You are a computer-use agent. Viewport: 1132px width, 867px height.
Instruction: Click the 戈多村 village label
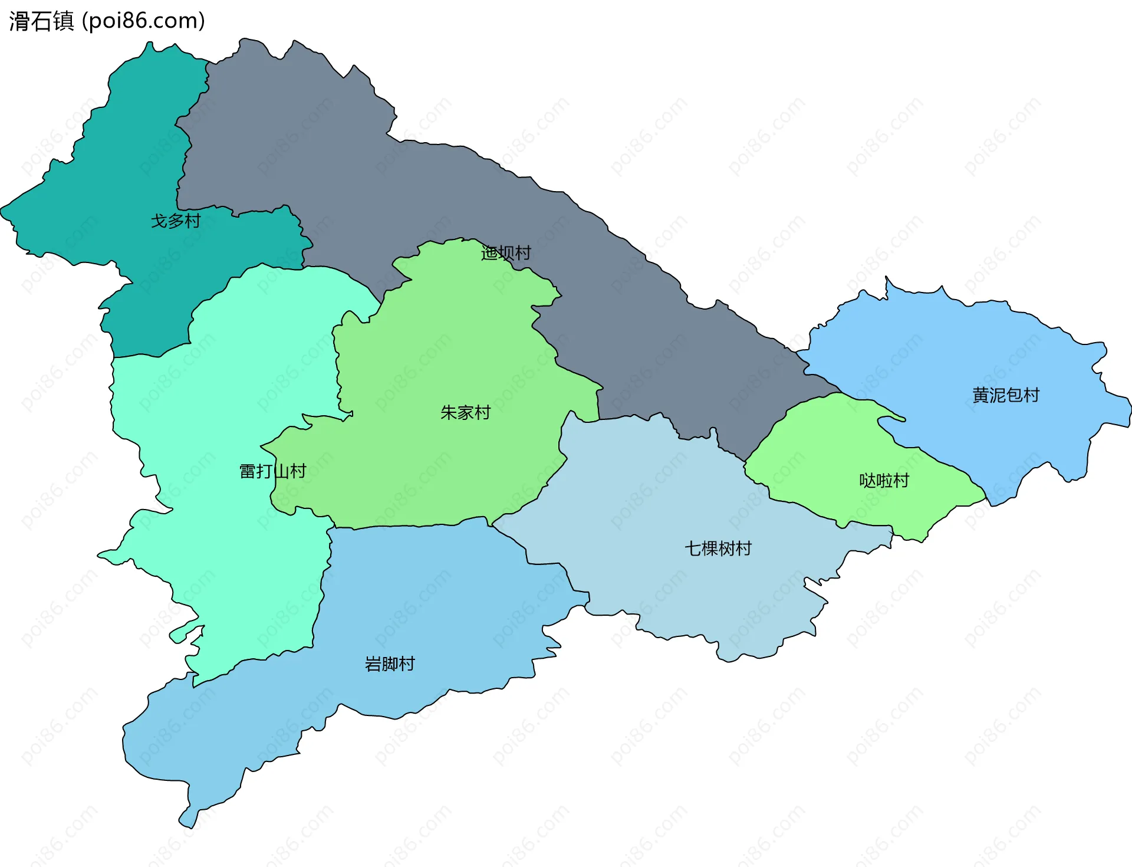tap(176, 221)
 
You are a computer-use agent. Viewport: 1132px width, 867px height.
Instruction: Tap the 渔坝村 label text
tap(506, 253)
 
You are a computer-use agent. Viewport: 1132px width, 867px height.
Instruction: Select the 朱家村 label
tap(465, 413)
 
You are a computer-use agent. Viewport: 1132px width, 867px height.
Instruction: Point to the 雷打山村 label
tap(272, 471)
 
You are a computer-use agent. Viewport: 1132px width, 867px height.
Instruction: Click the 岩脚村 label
tap(390, 664)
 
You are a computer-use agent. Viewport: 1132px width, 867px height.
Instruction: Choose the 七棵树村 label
tap(718, 549)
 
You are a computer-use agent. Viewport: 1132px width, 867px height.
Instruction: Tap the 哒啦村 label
tap(884, 481)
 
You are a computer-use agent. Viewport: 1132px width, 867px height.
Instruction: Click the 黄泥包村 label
tap(1006, 395)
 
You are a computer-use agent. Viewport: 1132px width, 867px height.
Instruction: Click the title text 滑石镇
tap(41, 21)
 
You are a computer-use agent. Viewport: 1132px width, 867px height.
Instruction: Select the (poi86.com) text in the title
tap(143, 21)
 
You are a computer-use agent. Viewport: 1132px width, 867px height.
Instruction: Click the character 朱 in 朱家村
tap(449, 413)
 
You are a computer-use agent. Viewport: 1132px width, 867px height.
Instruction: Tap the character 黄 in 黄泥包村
tap(980, 395)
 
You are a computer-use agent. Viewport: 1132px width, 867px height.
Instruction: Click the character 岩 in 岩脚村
tap(373, 664)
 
